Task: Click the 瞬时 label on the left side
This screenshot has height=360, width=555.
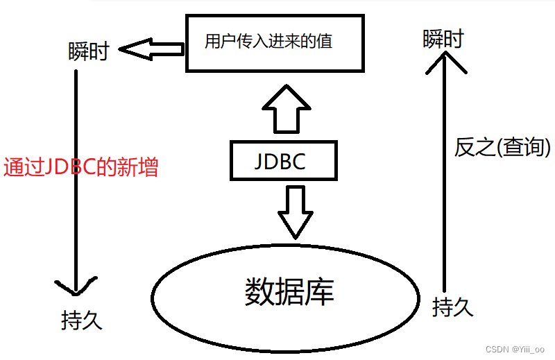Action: coord(89,51)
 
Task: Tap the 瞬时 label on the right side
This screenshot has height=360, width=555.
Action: coord(443,40)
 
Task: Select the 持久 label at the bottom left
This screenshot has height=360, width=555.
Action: coord(82,320)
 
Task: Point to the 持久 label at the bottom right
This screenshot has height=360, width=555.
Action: coord(452,307)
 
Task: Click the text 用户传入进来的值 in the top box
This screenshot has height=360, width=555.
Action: coord(268,41)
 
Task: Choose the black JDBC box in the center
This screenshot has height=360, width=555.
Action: coord(283,161)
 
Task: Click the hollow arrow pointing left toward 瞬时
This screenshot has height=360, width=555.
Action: coord(151,49)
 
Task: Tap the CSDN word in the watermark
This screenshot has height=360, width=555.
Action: coord(497,350)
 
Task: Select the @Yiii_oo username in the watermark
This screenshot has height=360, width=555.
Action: coord(529,350)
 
